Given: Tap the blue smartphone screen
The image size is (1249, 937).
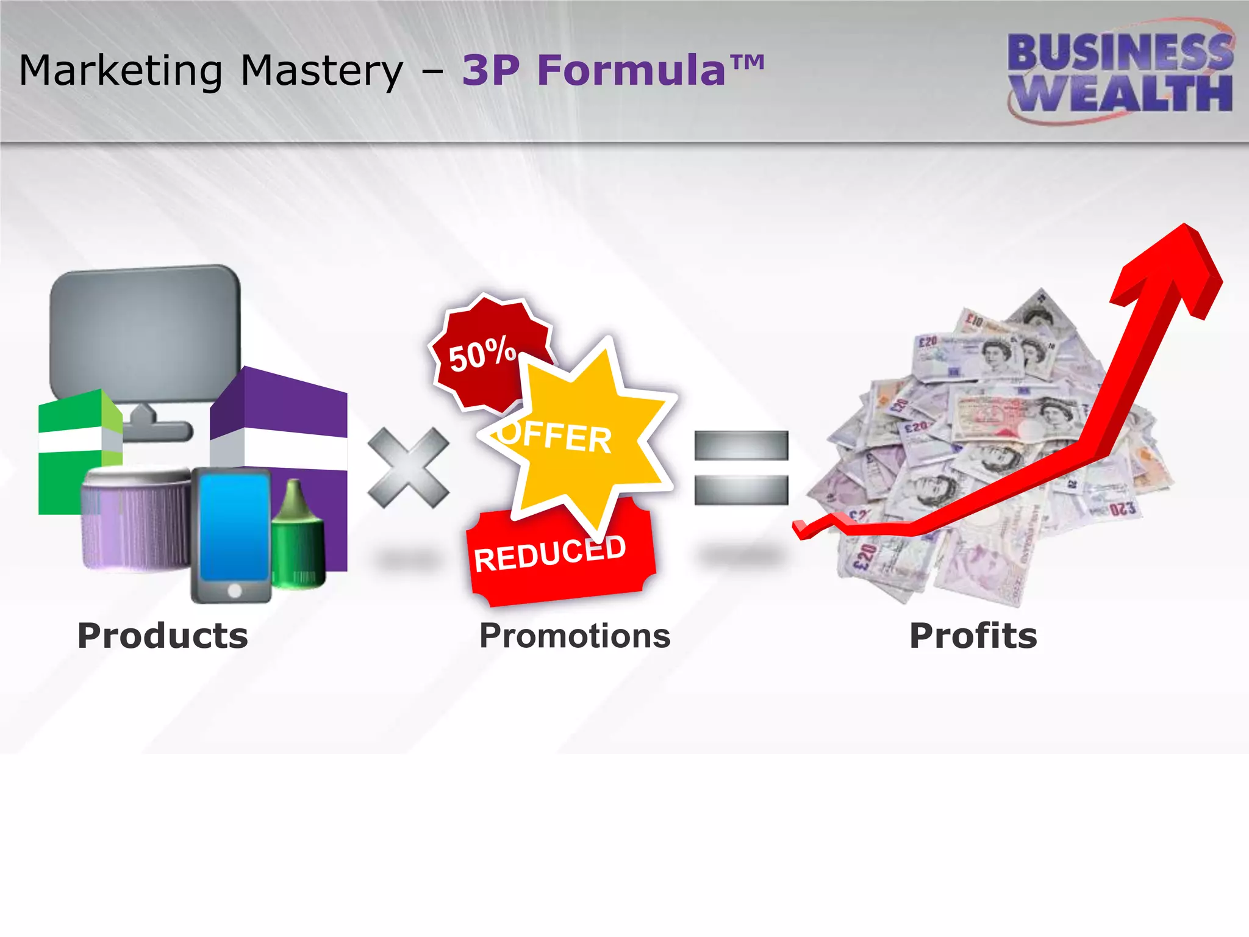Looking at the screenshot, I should pyautogui.click(x=234, y=526).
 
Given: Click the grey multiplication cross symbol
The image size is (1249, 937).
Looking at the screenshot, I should pyautogui.click(x=408, y=467).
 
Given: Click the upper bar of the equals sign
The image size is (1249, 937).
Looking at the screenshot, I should pyautogui.click(x=741, y=445).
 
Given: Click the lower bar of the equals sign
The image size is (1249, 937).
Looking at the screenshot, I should pyautogui.click(x=741, y=490).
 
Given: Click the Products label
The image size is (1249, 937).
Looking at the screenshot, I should pyautogui.click(x=163, y=636).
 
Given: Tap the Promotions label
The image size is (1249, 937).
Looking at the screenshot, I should pyautogui.click(x=574, y=636).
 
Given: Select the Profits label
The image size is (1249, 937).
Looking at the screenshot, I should pyautogui.click(x=973, y=636).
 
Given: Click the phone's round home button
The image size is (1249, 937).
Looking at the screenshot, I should pyautogui.click(x=234, y=590).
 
